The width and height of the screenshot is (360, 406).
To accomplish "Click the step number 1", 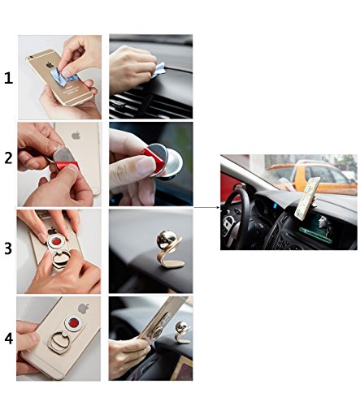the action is pos(8,79).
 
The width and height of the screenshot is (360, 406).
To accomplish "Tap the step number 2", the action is pos(8,158).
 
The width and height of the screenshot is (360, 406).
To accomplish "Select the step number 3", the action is pos(8,248).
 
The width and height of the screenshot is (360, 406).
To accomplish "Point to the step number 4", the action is pos(9,339).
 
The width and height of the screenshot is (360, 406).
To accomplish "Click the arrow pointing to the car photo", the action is pos(207,207).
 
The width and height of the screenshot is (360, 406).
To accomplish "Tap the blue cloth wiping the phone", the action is pos(65,76).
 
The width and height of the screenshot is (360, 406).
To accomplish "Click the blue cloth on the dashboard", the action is pos(158,69).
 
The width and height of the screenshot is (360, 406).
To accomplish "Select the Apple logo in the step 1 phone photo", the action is pos(50,65).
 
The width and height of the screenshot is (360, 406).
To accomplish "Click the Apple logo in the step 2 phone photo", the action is pos(76,135).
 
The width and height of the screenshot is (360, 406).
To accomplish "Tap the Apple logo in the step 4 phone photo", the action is pos(84,309).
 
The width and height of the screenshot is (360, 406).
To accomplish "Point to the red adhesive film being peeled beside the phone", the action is pos(67,165).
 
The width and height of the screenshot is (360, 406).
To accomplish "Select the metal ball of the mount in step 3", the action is pos(166,240).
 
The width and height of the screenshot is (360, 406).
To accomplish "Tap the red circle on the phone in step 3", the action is pos(57,241).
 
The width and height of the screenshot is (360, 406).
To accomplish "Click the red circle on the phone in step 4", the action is pos(74,322).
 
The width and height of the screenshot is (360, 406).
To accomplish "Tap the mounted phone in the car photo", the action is pos(307,199).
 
